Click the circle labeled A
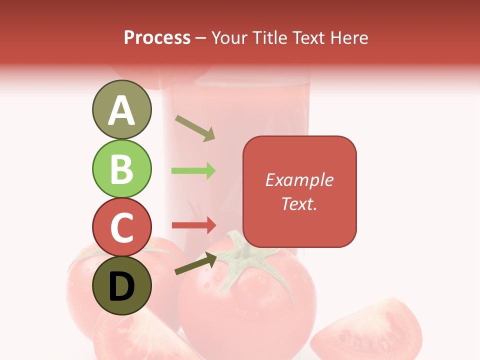point(121,109)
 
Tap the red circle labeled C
point(121,227)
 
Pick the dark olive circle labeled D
point(121,285)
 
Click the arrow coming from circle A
point(195,128)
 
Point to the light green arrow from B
point(193,171)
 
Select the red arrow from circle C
point(194,225)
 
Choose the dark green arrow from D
point(195,263)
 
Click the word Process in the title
point(157,38)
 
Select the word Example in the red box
point(299,180)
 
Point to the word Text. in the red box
point(299,203)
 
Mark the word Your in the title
point(229,38)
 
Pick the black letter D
point(121,286)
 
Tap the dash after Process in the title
point(201,38)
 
